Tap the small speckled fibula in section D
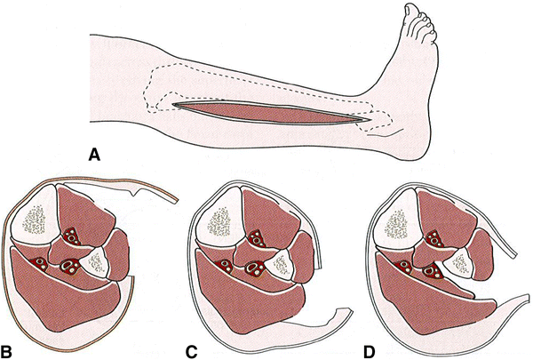[458, 261]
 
